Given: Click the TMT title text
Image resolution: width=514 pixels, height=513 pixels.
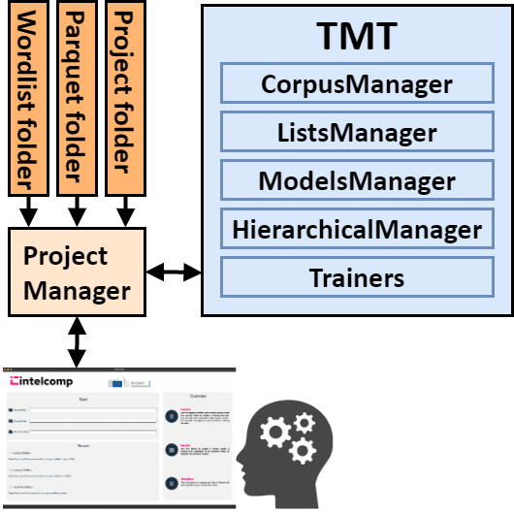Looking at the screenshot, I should click(x=356, y=37).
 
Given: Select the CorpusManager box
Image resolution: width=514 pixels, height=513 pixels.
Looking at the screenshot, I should click(x=356, y=83).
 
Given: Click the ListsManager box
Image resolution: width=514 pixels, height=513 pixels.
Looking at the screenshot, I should click(x=356, y=132).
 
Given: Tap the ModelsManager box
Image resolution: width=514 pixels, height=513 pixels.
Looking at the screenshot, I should click(x=356, y=180).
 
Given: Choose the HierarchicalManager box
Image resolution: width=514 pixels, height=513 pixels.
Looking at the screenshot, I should click(x=356, y=230).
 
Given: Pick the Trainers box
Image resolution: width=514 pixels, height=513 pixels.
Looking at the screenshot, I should click(x=356, y=278).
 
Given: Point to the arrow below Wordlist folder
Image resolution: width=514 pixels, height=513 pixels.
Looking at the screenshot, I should click(x=28, y=208).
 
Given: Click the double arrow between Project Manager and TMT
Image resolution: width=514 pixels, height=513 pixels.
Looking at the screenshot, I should click(x=173, y=273).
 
